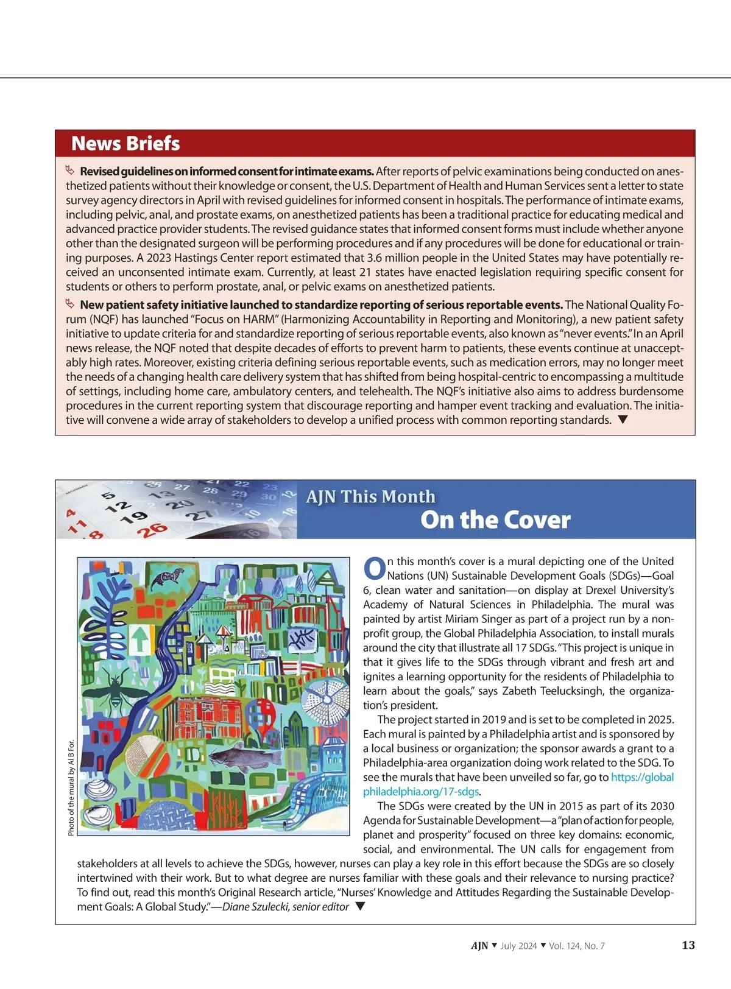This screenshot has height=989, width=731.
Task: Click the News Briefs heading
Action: pyautogui.click(x=125, y=144)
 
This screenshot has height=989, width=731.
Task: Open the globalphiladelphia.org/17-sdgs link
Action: pyautogui.click(x=518, y=784)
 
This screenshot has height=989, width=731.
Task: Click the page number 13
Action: pyautogui.click(x=688, y=945)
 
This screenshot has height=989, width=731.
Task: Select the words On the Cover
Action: pyautogui.click(x=495, y=520)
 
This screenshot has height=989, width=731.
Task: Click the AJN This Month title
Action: pyautogui.click(x=370, y=497)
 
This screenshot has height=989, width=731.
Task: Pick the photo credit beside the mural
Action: pyautogui.click(x=71, y=787)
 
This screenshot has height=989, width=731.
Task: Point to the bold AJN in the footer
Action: pyautogui.click(x=479, y=946)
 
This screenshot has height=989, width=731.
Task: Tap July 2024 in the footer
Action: pyautogui.click(x=518, y=946)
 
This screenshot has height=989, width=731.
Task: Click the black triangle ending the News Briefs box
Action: pyautogui.click(x=623, y=420)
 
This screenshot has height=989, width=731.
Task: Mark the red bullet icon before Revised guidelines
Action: pyautogui.click(x=70, y=171)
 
